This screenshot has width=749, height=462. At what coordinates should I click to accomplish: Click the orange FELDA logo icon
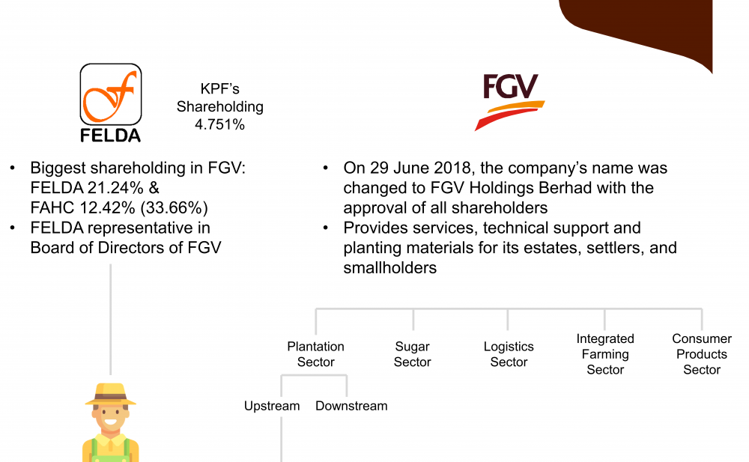tap(110, 94)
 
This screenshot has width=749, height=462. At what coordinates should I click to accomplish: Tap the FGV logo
tap(509, 102)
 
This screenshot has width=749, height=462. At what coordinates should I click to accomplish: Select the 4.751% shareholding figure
tap(219, 125)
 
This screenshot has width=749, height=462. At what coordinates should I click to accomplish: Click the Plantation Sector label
tap(316, 354)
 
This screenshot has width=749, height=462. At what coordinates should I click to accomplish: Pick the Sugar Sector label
tap(412, 354)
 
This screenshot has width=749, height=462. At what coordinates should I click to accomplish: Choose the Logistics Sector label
tap(509, 354)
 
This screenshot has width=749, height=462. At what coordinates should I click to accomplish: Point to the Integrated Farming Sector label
tap(605, 354)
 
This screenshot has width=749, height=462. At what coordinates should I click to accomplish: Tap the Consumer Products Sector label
tap(702, 354)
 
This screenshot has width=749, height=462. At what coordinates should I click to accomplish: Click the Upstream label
tap(272, 406)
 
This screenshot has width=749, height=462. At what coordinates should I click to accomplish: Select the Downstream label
tap(351, 406)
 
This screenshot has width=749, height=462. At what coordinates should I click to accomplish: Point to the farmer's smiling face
tap(110, 418)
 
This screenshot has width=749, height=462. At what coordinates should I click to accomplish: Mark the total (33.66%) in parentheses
tap(175, 208)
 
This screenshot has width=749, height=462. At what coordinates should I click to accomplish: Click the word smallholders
tap(389, 268)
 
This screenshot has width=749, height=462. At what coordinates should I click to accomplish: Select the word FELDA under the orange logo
tap(110, 136)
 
